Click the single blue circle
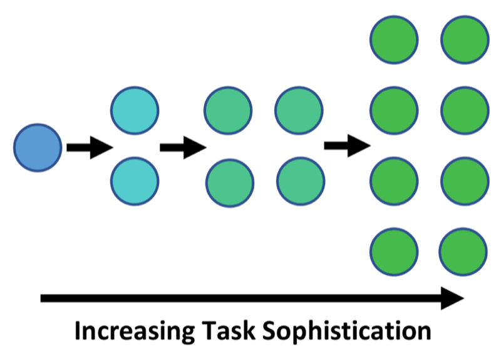click(x=38, y=148)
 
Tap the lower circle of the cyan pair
click(x=135, y=182)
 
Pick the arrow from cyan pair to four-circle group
click(x=182, y=148)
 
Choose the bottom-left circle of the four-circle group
click(x=229, y=182)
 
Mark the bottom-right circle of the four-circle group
click(x=299, y=182)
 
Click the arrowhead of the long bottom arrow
click(x=451, y=298)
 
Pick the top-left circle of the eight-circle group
click(x=394, y=39)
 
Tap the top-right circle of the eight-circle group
click(x=464, y=39)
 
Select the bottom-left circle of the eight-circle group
click(x=394, y=252)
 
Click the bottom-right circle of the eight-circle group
click(x=464, y=252)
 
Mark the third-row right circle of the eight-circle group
click(x=464, y=182)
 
